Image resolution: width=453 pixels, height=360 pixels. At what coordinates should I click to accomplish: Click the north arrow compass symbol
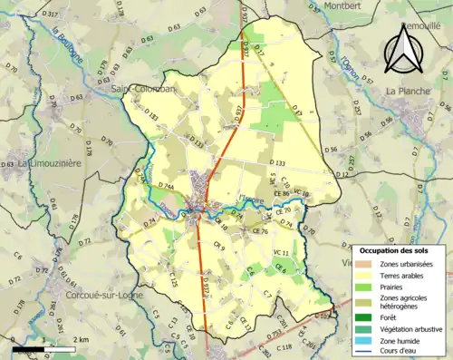pyautogui.click(x=405, y=48)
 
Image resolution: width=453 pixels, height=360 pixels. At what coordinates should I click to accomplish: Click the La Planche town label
pyautogui.click(x=406, y=91)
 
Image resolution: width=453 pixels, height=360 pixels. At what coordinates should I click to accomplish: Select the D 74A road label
pyautogui.click(x=165, y=185)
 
